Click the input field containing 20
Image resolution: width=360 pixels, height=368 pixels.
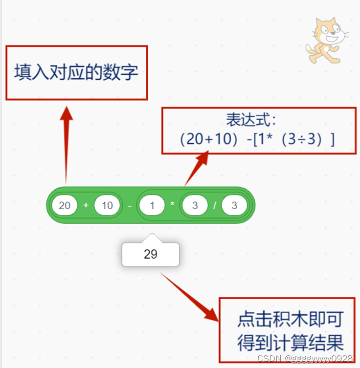tap(65, 205)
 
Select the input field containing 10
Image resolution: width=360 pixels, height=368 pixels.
tap(107, 205)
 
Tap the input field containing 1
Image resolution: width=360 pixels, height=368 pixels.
tap(152, 206)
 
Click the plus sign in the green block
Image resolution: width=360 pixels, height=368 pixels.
tap(86, 205)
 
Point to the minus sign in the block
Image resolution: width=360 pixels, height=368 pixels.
tap(129, 206)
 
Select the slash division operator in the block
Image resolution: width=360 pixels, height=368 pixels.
tap(214, 206)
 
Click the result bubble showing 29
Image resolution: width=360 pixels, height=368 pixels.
tap(151, 255)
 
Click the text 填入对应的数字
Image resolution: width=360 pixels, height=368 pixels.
tap(76, 73)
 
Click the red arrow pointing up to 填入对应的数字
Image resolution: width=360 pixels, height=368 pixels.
tap(66, 142)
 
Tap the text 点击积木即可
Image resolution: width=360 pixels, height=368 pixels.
tap(290, 319)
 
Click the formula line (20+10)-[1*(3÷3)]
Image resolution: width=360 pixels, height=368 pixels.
tap(257, 139)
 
